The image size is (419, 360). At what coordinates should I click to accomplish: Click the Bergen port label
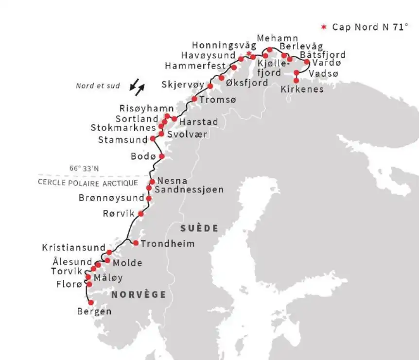[x=94, y=311]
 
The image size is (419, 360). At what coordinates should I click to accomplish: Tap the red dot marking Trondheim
[x=136, y=243]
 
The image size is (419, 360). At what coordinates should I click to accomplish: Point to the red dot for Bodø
[x=162, y=156]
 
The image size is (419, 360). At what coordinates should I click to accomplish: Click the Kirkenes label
[x=302, y=89]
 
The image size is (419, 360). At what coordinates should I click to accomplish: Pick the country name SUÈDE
[x=199, y=228]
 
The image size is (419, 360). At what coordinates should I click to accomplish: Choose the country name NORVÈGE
[x=139, y=294]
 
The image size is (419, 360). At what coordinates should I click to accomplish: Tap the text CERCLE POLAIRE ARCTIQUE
[x=87, y=183]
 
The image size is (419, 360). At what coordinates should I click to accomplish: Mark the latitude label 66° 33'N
[x=84, y=169]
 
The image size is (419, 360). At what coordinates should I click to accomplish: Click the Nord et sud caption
[x=98, y=86]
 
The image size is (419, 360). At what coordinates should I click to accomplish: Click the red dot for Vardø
[x=307, y=62]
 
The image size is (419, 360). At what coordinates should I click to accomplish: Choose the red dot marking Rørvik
[x=141, y=214]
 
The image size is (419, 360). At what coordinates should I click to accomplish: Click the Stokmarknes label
[x=123, y=128]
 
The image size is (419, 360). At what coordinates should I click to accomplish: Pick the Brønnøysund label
[x=112, y=198]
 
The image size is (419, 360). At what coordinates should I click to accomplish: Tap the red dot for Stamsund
[x=153, y=138]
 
